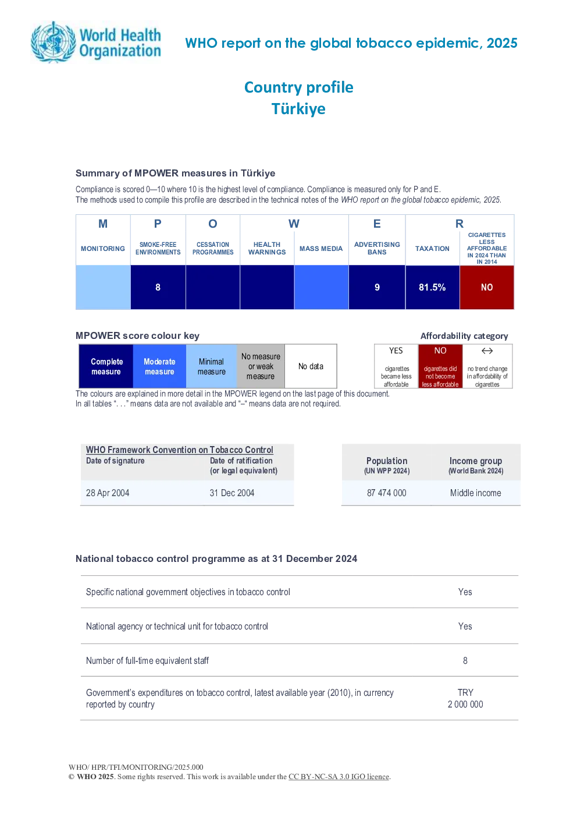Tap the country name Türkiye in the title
[x=298, y=109]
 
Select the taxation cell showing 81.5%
[x=432, y=288]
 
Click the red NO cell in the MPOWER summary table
[x=487, y=288]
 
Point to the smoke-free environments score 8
[x=158, y=288]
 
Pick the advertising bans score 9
[x=377, y=288]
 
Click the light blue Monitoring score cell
[x=103, y=288]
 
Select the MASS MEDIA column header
[x=321, y=249]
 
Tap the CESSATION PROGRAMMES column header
[x=213, y=249]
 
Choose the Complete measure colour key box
[x=106, y=366]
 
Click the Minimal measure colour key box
[x=211, y=366]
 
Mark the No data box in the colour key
[x=311, y=366]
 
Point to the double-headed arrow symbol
[x=487, y=351]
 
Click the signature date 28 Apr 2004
[x=108, y=493]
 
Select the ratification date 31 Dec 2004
[x=231, y=493]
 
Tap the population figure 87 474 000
[x=386, y=493]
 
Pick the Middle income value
[x=475, y=493]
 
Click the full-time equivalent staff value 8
[x=465, y=660]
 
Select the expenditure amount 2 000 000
[x=465, y=704]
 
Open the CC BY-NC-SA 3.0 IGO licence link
[x=339, y=776]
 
